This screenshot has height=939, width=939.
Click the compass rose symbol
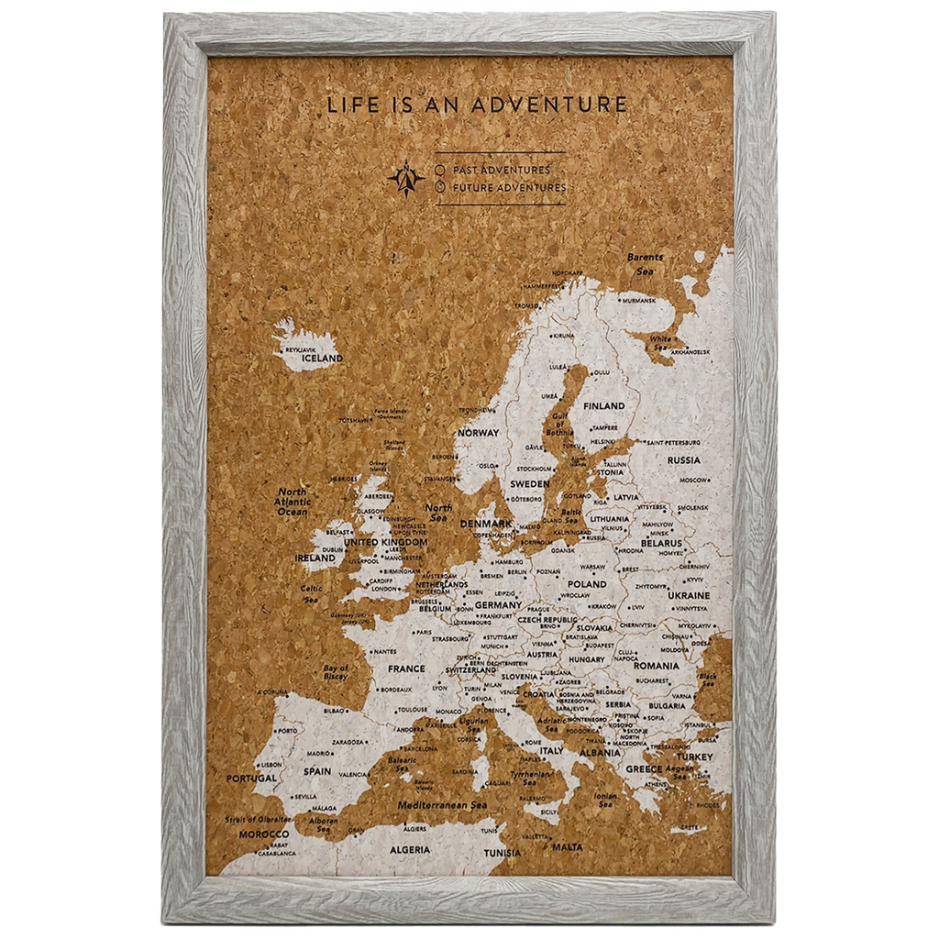[x=406, y=178]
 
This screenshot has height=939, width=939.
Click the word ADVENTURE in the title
[x=549, y=105]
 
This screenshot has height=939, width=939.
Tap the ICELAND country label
[x=322, y=359]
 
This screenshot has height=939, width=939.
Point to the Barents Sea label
[x=645, y=264]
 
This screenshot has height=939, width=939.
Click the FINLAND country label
[x=603, y=405]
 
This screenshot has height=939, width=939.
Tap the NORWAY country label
[x=479, y=433]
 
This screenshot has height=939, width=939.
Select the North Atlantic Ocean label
[x=293, y=502]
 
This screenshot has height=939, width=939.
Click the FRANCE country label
[x=406, y=668]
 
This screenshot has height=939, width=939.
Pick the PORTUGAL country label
[x=251, y=779]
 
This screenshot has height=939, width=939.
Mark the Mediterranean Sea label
[x=441, y=804]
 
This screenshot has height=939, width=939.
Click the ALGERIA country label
[x=409, y=850]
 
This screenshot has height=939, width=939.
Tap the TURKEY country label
[x=694, y=757]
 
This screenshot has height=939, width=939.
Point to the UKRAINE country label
[x=689, y=595]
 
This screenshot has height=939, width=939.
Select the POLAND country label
[x=587, y=583]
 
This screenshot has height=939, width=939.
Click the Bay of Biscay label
[x=336, y=673]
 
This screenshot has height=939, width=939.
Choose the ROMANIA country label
[x=656, y=666]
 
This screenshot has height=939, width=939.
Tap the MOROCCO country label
[x=264, y=834]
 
